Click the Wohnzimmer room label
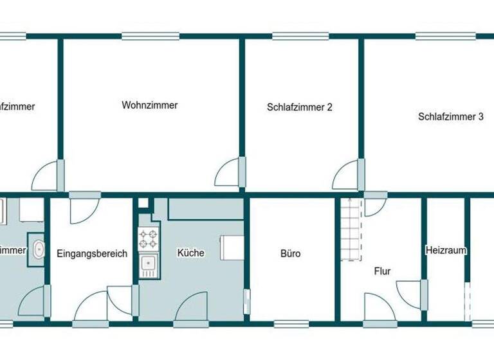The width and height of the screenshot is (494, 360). [149, 105]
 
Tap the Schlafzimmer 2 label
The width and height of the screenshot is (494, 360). [299, 107]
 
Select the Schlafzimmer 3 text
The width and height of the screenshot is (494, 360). [450, 116]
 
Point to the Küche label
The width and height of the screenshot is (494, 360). [190, 253]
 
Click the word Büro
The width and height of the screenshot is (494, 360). [290, 253]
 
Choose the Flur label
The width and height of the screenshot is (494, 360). [382, 271]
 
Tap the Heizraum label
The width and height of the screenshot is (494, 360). [445, 250]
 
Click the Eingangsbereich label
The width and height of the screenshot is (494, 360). [91, 253]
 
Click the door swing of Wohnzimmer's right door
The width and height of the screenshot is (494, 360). [228, 172]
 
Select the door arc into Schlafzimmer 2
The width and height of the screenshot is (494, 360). [347, 172]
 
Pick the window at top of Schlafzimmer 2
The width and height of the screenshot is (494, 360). [301, 36]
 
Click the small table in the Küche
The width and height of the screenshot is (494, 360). [232, 248]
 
